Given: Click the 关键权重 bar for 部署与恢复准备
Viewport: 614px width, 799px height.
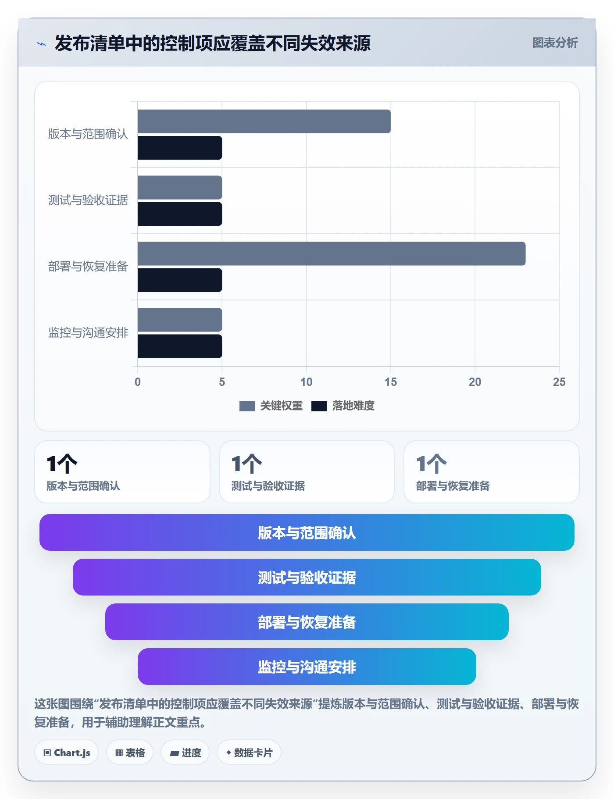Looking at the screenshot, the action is pyautogui.click(x=332, y=253).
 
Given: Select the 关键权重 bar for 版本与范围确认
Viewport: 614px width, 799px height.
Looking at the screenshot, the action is pyautogui.click(x=264, y=121).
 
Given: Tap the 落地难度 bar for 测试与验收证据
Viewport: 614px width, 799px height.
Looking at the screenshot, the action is pyautogui.click(x=180, y=214).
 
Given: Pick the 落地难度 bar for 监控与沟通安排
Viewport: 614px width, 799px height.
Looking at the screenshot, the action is pyautogui.click(x=180, y=346).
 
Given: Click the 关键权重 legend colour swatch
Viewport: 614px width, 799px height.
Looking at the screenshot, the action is pyautogui.click(x=247, y=406).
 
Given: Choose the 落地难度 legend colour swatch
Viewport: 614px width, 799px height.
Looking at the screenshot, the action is pyautogui.click(x=319, y=406).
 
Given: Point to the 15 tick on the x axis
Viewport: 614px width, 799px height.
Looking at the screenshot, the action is pyautogui.click(x=391, y=382).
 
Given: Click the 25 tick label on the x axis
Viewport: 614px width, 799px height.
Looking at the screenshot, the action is pyautogui.click(x=559, y=382).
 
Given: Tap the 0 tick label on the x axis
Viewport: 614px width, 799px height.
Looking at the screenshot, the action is pyautogui.click(x=138, y=382).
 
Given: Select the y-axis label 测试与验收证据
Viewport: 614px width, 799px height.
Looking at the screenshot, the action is pyautogui.click(x=88, y=200).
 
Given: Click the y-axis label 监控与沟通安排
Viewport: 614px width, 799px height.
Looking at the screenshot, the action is pyautogui.click(x=88, y=333).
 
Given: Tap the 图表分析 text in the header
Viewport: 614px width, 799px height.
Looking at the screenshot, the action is pyautogui.click(x=555, y=43).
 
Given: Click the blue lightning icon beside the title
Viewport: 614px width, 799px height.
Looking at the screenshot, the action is pyautogui.click(x=42, y=44).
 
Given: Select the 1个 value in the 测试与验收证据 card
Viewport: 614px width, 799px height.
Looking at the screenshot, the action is pyautogui.click(x=246, y=464).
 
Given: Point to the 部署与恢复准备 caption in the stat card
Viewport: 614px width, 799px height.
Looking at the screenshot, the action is pyautogui.click(x=453, y=486).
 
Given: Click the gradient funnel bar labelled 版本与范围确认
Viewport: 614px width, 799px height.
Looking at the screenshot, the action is pyautogui.click(x=307, y=532).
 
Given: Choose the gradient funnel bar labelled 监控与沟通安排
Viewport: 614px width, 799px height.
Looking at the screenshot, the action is pyautogui.click(x=307, y=667).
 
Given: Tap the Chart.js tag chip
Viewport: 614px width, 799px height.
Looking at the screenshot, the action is pyautogui.click(x=67, y=753).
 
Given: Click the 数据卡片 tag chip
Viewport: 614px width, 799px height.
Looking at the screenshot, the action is pyautogui.click(x=249, y=753).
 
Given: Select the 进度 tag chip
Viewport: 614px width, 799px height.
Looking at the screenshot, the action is pyautogui.click(x=185, y=753).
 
